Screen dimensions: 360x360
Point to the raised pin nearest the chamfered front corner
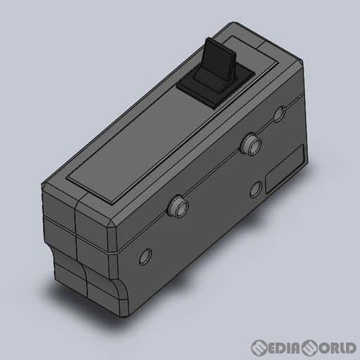tap(178, 205)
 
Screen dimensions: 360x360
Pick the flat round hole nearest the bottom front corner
tap(146, 257)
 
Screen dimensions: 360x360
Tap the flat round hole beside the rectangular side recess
tap(256, 189)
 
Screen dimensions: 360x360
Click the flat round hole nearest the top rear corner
tap(279, 114)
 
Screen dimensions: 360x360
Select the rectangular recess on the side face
tap(285, 169)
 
